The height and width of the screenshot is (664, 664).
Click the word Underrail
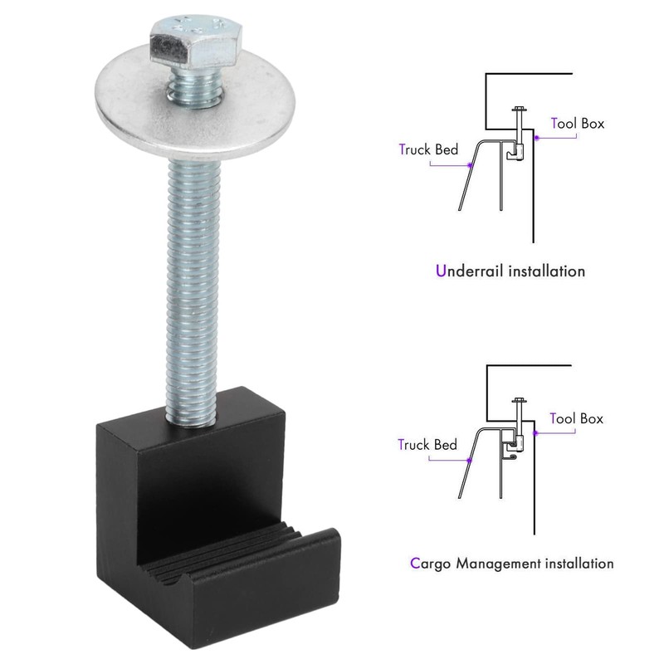[470, 271]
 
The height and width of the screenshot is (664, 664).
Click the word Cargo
[430, 564]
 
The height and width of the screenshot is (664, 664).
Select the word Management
[499, 564]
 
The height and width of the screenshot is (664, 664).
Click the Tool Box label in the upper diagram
[578, 123]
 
